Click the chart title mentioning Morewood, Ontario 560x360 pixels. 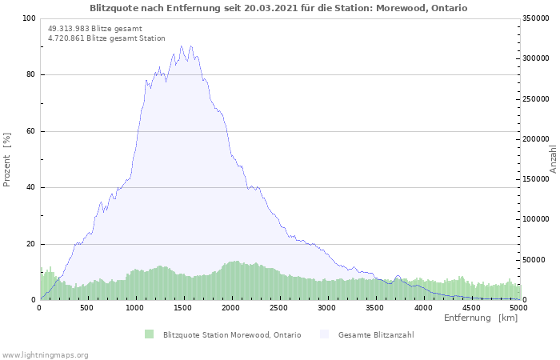point(278,8)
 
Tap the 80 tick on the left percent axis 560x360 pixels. point(30,75)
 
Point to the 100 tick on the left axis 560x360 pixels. point(29,18)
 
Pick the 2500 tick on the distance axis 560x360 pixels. point(279,307)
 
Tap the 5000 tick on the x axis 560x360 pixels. point(518,307)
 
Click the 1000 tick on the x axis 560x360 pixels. point(135,307)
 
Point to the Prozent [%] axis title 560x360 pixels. point(7,159)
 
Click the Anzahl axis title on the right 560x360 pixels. point(553,159)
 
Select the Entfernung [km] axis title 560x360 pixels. point(481,318)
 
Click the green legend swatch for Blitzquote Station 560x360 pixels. point(149,334)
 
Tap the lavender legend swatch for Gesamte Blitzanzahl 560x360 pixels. point(324,334)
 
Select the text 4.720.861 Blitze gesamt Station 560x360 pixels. point(106,38)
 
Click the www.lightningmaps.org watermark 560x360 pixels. point(46,354)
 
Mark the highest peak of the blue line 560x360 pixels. point(182,46)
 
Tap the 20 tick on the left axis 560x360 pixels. point(30,244)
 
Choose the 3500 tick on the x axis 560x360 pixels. point(375,307)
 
